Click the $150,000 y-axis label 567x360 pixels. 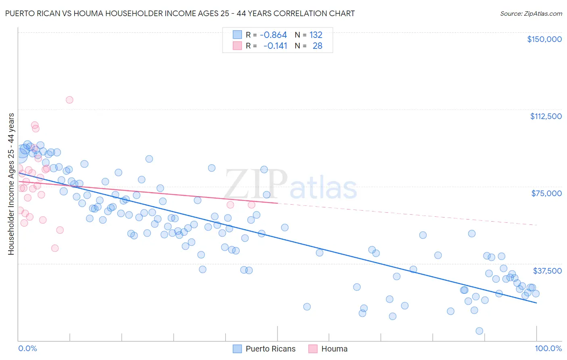[x=544, y=39]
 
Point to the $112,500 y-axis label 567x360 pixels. [x=546, y=116]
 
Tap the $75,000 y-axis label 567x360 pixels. [x=546, y=193]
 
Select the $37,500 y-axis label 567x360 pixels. [x=547, y=271]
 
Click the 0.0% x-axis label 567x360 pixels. [x=27, y=349]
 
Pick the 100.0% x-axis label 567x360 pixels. [x=548, y=349]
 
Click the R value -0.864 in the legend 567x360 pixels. [x=273, y=35]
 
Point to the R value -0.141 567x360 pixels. [x=275, y=46]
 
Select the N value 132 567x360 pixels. [x=316, y=35]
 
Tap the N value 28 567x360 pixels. [x=317, y=46]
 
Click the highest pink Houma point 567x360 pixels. [x=69, y=100]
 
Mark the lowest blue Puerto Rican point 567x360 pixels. [x=479, y=331]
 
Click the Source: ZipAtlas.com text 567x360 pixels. [x=531, y=14]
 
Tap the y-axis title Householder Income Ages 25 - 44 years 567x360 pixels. [x=11, y=184]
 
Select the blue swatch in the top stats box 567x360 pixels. [x=237, y=35]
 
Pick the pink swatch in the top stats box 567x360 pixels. [x=237, y=46]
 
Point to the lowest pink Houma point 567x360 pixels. [x=55, y=248]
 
